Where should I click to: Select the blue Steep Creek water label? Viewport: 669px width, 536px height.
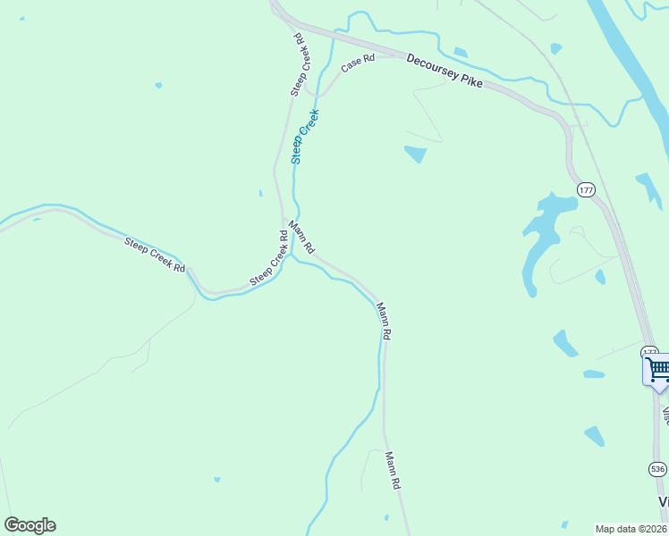(x=304, y=136)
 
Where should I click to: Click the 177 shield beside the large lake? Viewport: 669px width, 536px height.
(x=586, y=190)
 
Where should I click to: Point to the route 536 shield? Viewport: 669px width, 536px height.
(x=657, y=468)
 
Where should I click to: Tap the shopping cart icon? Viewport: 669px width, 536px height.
(x=657, y=369)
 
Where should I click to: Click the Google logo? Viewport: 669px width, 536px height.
(x=30, y=525)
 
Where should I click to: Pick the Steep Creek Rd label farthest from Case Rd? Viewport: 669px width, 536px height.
(x=155, y=255)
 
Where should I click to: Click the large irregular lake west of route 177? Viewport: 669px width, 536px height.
(x=544, y=234)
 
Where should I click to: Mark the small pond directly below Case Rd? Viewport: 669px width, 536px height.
(x=415, y=154)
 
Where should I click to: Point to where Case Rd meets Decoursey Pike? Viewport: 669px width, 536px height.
(x=400, y=56)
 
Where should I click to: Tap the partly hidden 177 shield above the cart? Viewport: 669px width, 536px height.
(x=649, y=352)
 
